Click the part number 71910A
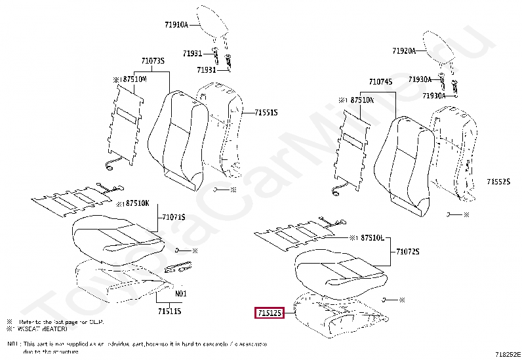[x=176, y=25]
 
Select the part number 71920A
[x=404, y=50]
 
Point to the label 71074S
[x=381, y=82]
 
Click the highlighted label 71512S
[x=270, y=314]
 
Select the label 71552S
[x=498, y=181]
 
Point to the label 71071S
[x=174, y=216]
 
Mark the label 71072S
[x=407, y=252]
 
